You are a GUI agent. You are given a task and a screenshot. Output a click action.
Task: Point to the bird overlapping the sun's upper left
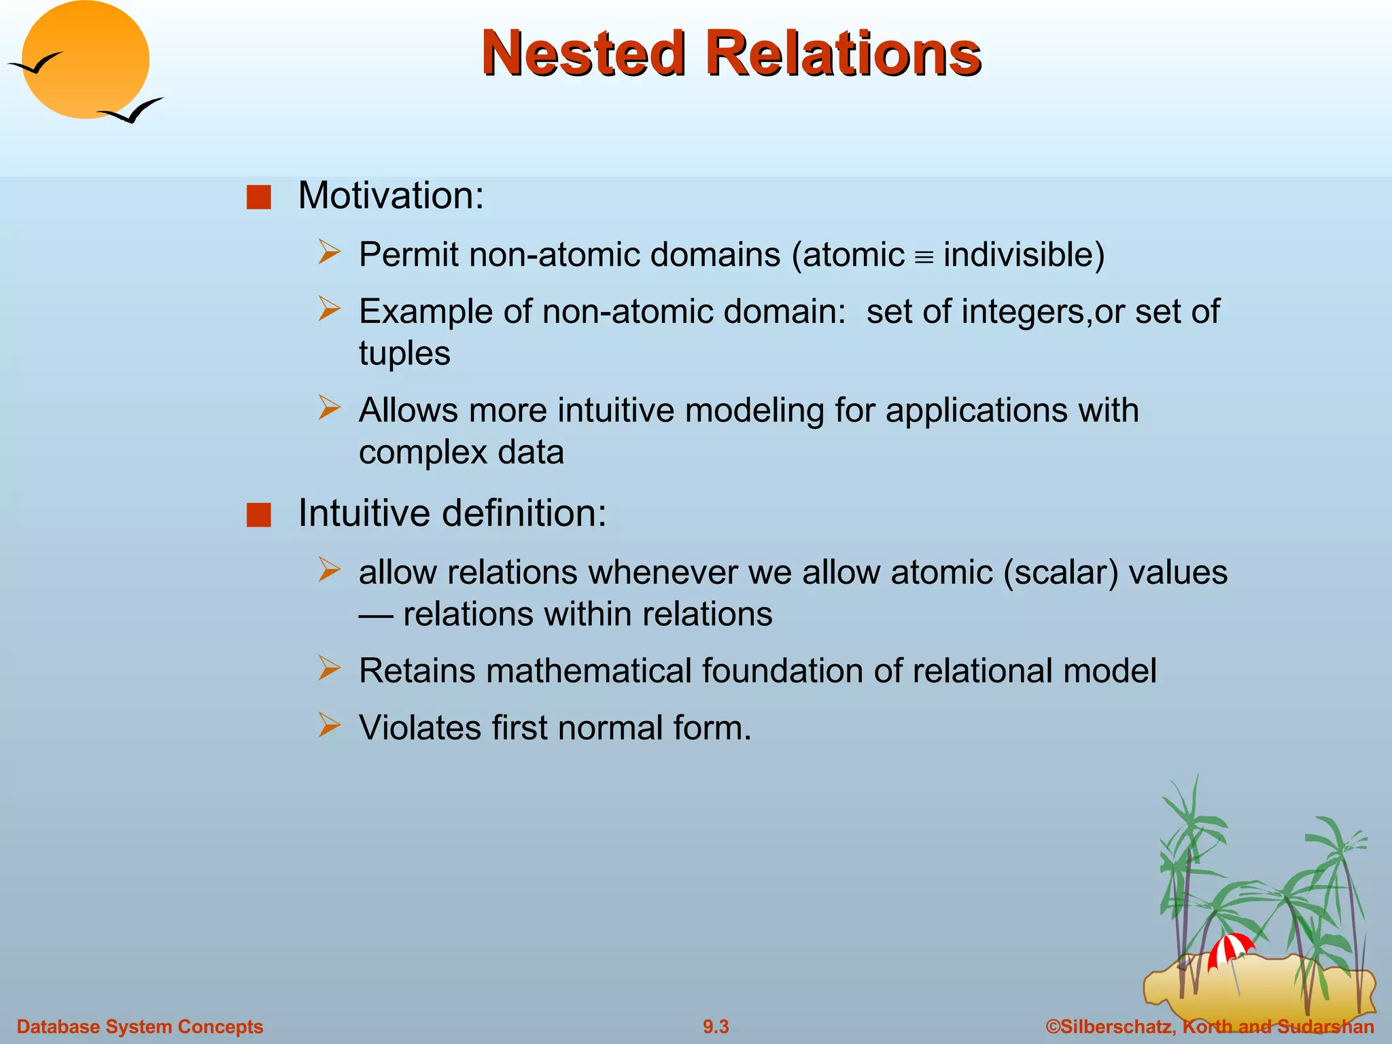[35, 64]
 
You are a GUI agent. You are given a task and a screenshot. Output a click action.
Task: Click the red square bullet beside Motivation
[259, 197]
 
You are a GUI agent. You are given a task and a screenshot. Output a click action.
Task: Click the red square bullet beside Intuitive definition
[259, 515]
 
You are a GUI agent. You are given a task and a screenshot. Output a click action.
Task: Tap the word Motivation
[390, 196]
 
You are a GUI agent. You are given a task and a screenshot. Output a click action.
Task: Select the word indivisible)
[1024, 255]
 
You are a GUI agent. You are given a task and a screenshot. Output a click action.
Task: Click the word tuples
[404, 353]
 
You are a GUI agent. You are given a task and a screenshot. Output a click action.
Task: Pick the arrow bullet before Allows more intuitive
[329, 408]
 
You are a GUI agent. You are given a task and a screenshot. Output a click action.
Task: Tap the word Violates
[419, 728]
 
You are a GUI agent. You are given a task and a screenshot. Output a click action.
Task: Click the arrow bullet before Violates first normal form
[329, 725]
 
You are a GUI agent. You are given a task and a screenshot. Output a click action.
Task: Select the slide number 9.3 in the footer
[716, 1026]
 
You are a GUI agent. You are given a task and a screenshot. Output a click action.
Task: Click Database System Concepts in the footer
[139, 1026]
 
